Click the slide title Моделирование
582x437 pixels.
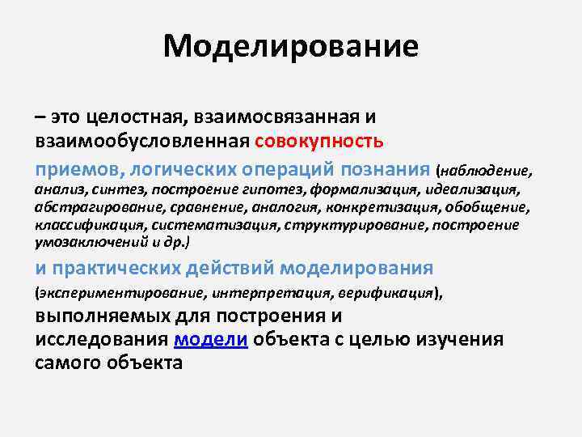(290, 46)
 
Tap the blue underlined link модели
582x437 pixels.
(210, 340)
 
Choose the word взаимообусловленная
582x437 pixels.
(141, 141)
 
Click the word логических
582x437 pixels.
(183, 170)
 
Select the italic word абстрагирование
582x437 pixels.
(86, 207)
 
